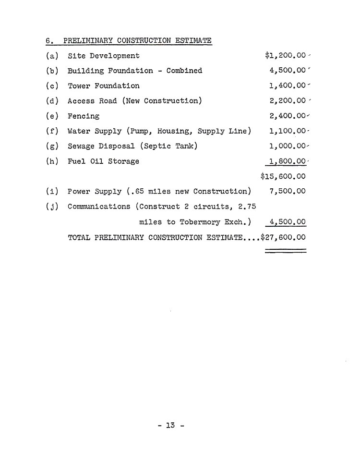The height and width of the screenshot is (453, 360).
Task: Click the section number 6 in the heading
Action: [x=48, y=40]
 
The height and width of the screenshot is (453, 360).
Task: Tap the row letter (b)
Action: [x=52, y=71]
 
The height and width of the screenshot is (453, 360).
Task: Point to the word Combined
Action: [x=184, y=71]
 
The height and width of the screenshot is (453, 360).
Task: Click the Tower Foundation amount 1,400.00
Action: [x=288, y=86]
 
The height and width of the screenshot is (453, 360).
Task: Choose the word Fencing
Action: [x=84, y=116]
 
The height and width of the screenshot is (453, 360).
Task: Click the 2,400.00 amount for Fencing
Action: [x=288, y=116]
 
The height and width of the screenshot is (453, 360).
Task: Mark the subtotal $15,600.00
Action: [x=283, y=176]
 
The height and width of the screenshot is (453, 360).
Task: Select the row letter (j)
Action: [x=52, y=207]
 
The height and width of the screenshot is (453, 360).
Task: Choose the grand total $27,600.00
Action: [x=283, y=237]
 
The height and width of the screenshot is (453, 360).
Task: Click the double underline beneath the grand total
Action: [x=286, y=250]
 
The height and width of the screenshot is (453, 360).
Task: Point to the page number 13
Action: [x=171, y=425]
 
